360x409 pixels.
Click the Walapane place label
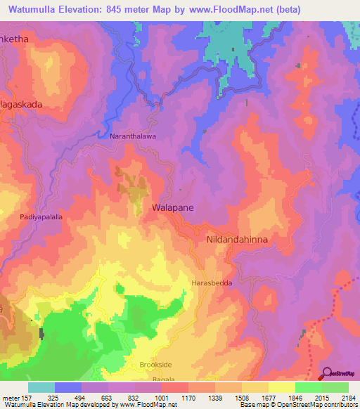[173, 208]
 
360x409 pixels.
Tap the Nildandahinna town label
[238, 240]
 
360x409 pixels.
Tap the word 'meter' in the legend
[11, 397]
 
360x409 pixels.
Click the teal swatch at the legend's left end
[41, 387]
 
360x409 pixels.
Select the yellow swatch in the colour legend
[281, 387]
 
